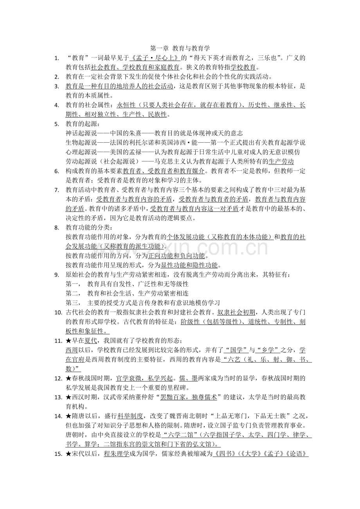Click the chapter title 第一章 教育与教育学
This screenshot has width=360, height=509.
[180, 48]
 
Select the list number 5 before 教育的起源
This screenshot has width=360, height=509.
[57, 124]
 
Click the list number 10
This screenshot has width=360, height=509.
[58, 312]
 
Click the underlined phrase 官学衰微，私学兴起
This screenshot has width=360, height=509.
[144, 378]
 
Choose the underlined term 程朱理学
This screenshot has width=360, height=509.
[116, 454]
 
